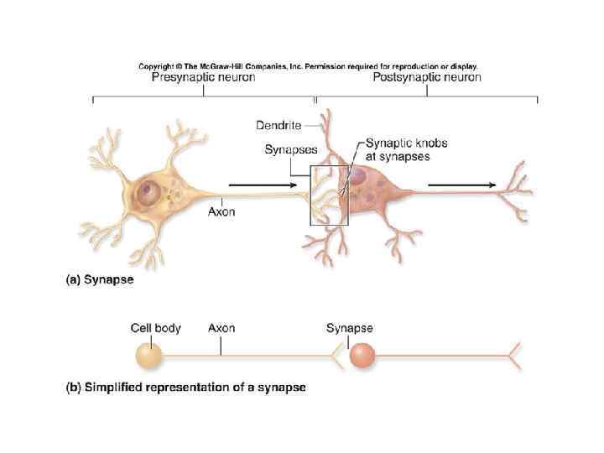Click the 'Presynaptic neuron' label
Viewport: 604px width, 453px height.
tap(203, 78)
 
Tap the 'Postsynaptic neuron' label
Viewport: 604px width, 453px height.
tap(426, 78)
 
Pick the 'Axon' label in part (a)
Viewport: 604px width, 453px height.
tap(221, 212)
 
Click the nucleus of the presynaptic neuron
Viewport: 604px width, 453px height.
tap(150, 191)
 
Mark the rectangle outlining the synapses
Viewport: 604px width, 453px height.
tap(329, 195)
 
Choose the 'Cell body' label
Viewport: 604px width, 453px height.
tap(155, 328)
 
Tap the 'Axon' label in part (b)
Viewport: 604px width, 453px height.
tap(221, 328)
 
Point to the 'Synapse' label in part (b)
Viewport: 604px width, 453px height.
tap(349, 328)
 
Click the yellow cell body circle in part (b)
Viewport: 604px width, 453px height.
tap(148, 355)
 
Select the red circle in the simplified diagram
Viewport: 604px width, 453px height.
tap(362, 356)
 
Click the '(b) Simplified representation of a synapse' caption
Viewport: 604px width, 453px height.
tap(185, 388)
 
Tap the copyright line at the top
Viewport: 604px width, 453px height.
tap(308, 65)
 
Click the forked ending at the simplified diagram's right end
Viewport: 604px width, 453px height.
tap(513, 356)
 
